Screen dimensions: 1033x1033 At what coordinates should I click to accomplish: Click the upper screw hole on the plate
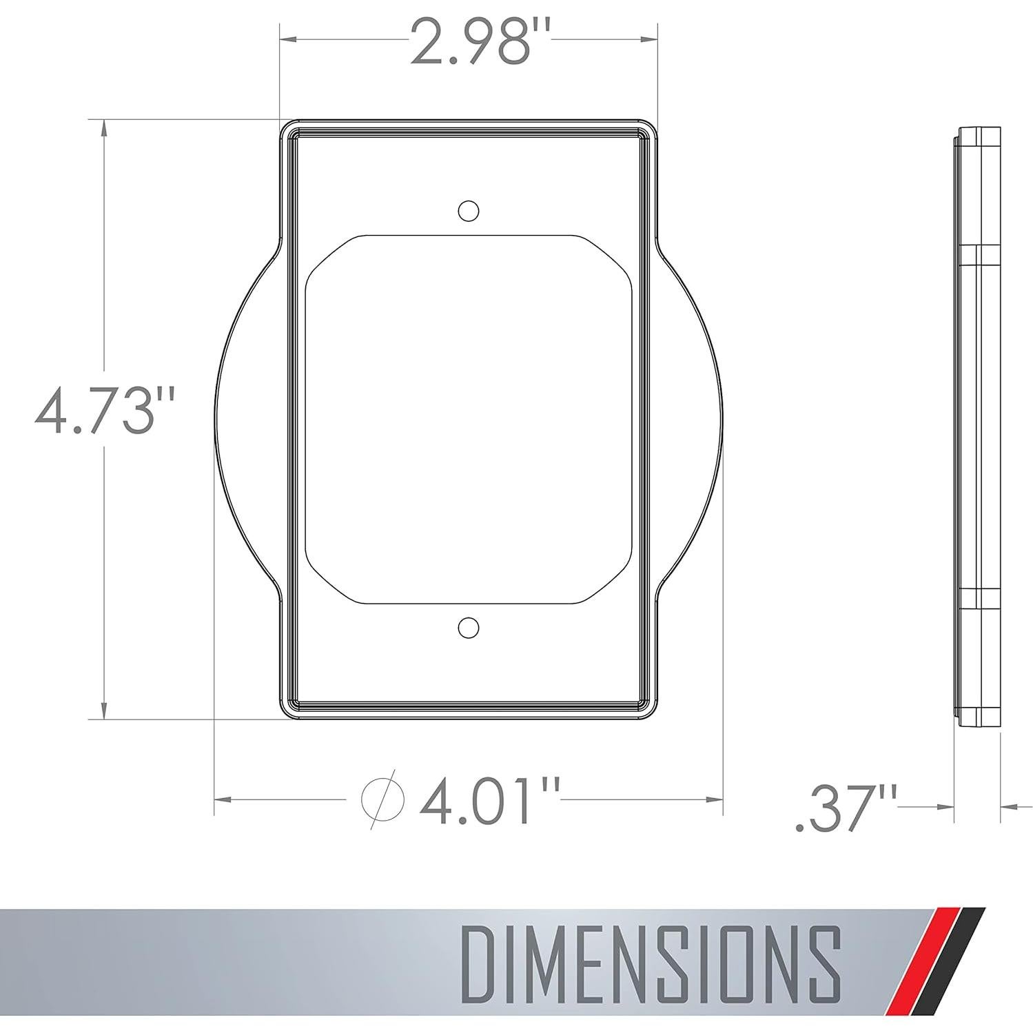469,210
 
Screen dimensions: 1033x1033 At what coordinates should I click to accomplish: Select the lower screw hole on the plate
469,628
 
